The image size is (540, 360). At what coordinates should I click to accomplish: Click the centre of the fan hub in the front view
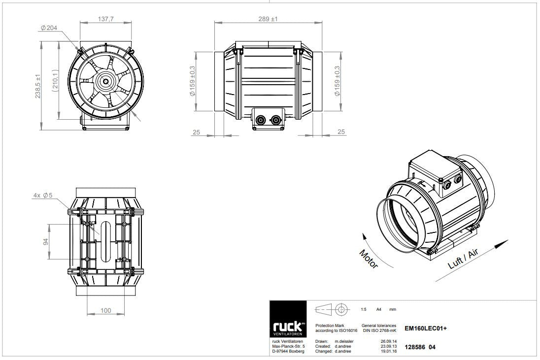[106, 82]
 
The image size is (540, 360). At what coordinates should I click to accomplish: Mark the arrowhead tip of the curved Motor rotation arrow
[362, 233]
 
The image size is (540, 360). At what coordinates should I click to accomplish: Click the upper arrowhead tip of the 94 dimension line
[49, 224]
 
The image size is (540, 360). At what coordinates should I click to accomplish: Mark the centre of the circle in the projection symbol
[340, 309]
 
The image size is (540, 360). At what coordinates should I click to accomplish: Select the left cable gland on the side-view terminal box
[260, 120]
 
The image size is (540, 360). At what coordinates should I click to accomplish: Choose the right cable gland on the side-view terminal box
[275, 120]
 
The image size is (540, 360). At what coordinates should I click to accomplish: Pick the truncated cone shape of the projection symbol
[324, 309]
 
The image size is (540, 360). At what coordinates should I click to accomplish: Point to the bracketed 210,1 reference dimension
[56, 81]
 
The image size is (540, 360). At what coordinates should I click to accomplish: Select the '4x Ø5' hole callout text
[43, 196]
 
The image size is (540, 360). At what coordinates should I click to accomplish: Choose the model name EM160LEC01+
[426, 328]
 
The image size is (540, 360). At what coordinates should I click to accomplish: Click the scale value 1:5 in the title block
[364, 309]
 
